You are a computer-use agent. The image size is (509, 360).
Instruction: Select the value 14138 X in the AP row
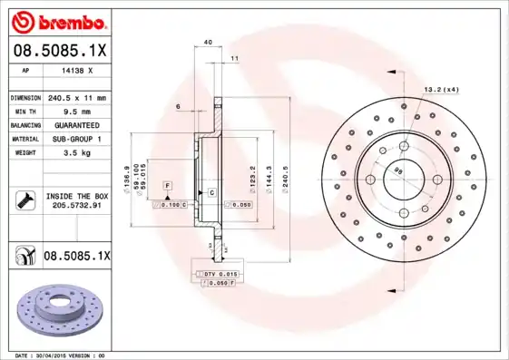(76, 70)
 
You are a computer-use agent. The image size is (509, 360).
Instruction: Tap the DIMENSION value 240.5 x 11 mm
(76, 97)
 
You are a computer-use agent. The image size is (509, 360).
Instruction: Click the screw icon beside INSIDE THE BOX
(24, 200)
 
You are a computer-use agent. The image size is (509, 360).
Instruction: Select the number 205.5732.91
(76, 206)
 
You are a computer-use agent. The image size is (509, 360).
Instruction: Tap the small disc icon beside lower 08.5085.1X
(24, 257)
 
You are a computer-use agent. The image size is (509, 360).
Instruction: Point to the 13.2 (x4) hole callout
(440, 89)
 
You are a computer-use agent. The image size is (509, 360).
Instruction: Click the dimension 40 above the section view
(208, 42)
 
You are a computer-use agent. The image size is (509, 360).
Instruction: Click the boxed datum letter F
(168, 185)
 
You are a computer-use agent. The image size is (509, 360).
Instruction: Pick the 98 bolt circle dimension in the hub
(396, 168)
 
